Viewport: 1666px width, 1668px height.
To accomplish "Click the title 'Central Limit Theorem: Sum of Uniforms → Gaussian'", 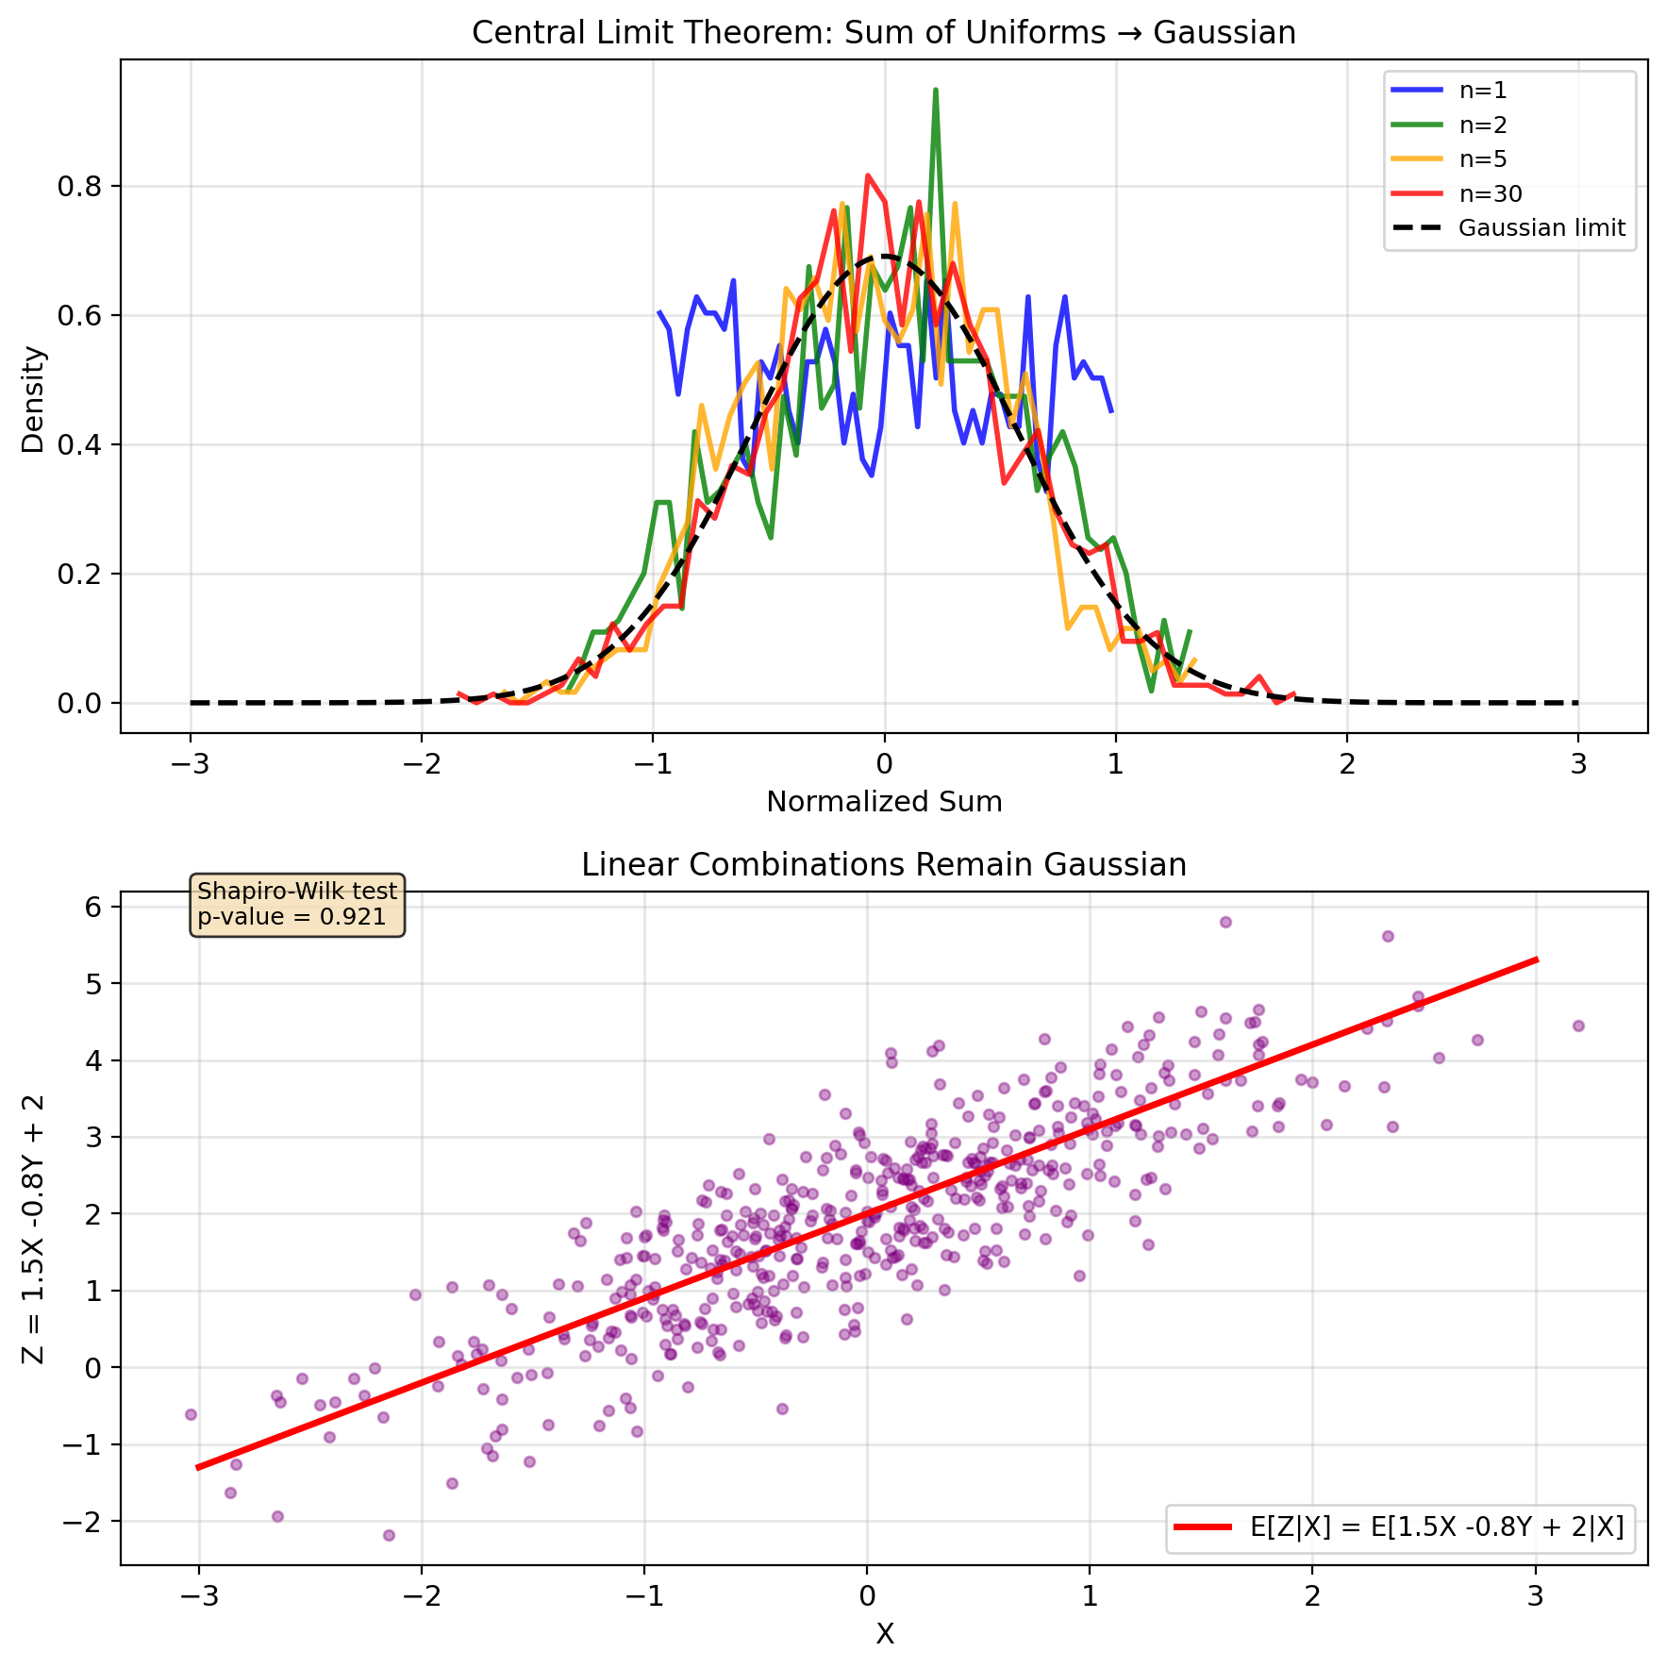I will click(x=883, y=33).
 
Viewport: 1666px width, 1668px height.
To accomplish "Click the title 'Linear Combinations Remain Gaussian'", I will click(x=883, y=865).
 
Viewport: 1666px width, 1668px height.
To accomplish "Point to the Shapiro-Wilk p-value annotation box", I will click(x=297, y=904).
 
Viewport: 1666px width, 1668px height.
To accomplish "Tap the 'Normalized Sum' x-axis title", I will click(x=883, y=802).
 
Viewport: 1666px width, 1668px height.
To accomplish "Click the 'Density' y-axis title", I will click(x=34, y=399).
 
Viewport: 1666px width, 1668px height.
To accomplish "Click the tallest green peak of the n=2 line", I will click(x=935, y=91).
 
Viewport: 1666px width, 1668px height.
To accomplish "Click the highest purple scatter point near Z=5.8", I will click(x=1225, y=922).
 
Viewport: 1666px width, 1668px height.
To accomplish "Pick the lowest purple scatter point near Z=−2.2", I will click(x=389, y=1535).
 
